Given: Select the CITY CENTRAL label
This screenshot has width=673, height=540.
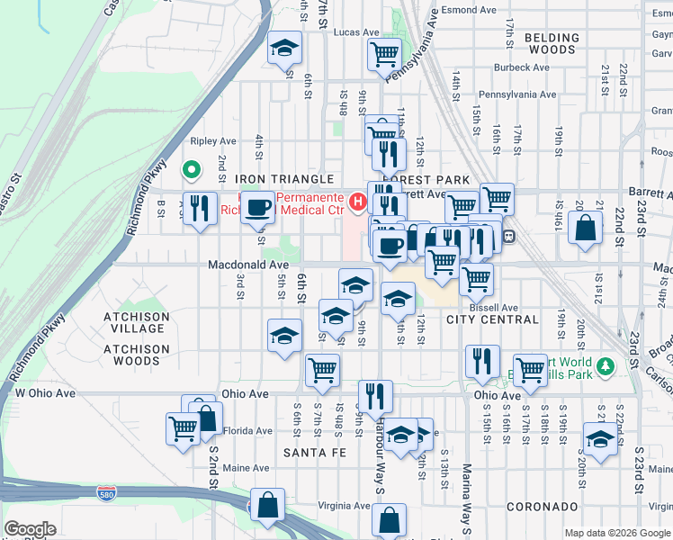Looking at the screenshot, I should (x=492, y=319).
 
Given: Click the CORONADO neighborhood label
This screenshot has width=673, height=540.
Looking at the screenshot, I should (x=541, y=508).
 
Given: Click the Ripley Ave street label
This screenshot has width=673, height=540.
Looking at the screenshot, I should (x=213, y=141).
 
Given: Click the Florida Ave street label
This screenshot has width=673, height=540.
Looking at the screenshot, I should (x=247, y=431).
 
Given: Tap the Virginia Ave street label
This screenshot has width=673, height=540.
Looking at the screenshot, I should (x=346, y=506).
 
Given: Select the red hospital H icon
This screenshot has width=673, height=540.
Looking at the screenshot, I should (x=357, y=201).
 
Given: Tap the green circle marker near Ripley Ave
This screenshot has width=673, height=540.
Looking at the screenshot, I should (x=191, y=168).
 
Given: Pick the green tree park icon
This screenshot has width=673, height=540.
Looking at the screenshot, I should (x=606, y=365).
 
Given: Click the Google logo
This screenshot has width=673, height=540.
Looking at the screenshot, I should (x=30, y=529).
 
